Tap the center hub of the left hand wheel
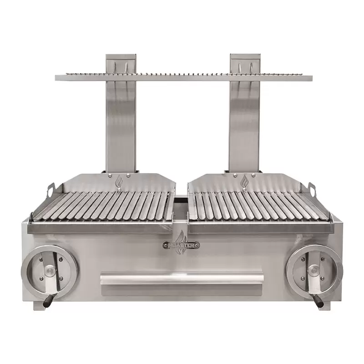[x=50, y=272]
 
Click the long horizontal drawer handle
[x=182, y=278]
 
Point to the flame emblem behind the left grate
[x=119, y=182]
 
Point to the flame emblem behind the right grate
[x=245, y=182]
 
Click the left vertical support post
[x=121, y=123]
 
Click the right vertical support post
[x=245, y=123]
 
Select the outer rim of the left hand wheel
[x=26, y=272]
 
